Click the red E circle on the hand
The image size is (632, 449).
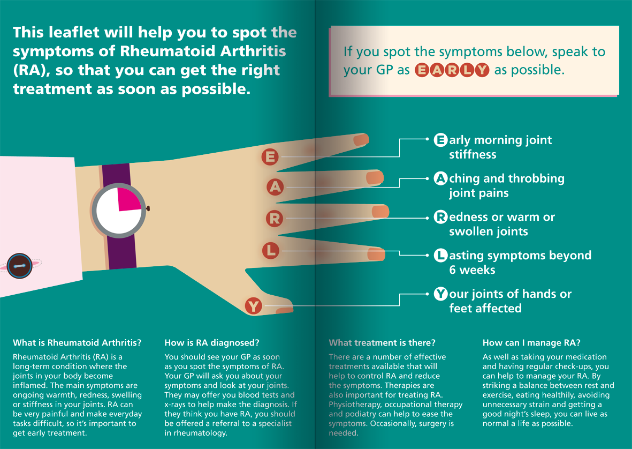270,157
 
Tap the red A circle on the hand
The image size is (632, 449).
275,187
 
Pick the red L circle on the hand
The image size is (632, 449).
271,250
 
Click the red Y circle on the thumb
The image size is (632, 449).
253,306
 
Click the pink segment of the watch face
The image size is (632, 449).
128,199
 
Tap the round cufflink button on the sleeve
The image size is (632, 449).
19,265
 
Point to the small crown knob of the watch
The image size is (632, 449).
148,208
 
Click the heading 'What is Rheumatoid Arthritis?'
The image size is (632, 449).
78,343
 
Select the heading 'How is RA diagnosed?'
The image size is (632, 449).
212,343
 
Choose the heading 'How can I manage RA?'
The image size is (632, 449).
531,343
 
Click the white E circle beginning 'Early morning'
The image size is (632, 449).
440,140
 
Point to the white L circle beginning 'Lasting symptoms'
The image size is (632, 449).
440,256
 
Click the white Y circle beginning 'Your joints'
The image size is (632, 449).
440,294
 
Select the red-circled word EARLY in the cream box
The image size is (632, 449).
452,70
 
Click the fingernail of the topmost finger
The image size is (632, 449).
361,140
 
